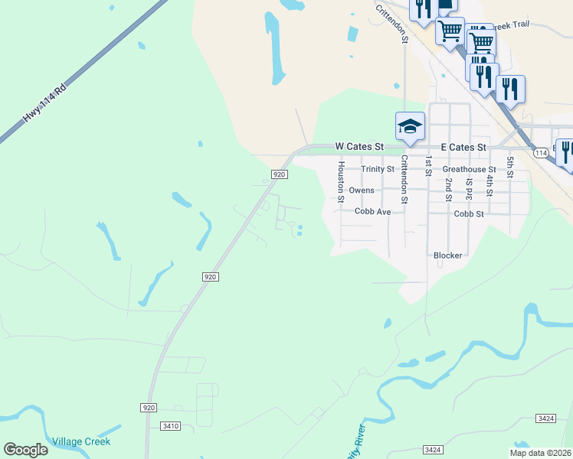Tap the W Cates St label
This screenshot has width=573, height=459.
[x=359, y=146]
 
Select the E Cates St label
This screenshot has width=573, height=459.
[x=463, y=147]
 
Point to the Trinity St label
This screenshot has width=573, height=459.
[x=378, y=169]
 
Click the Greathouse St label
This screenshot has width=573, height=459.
[x=469, y=169]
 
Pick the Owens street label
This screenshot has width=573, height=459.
[x=362, y=190]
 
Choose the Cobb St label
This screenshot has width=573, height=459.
[x=469, y=214]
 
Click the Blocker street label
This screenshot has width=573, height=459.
[x=447, y=256]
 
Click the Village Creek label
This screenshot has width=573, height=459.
[x=82, y=441]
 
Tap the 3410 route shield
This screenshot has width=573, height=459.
[x=171, y=426]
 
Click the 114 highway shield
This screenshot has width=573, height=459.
[x=542, y=154]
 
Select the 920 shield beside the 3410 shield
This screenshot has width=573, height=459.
[x=149, y=408]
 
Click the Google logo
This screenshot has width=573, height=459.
[x=25, y=450]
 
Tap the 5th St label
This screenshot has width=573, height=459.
[x=510, y=168]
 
